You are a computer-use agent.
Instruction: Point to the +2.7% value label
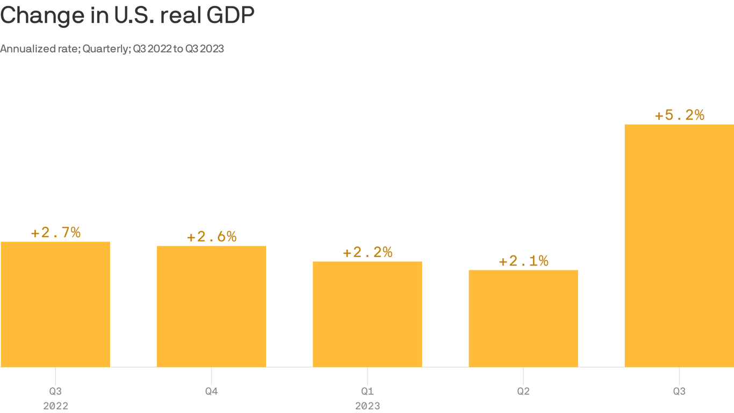pos(55,233)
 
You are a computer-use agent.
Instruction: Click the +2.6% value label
pos(211,237)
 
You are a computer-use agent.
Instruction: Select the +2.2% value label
pos(368,252)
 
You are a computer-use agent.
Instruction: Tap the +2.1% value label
pos(523,261)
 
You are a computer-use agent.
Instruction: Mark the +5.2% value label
pos(679,115)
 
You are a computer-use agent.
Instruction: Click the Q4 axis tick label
pos(211,391)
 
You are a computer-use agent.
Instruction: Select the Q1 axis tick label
pos(368,391)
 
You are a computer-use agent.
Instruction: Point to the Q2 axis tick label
pos(523,391)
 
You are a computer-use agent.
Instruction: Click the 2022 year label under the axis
pos(55,406)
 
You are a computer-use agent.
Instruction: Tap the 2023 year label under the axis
pos(368,406)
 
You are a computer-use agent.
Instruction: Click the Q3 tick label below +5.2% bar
pos(679,391)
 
